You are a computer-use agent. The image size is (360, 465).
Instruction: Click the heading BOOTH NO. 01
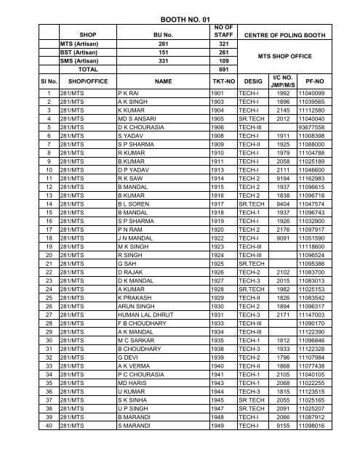179,9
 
